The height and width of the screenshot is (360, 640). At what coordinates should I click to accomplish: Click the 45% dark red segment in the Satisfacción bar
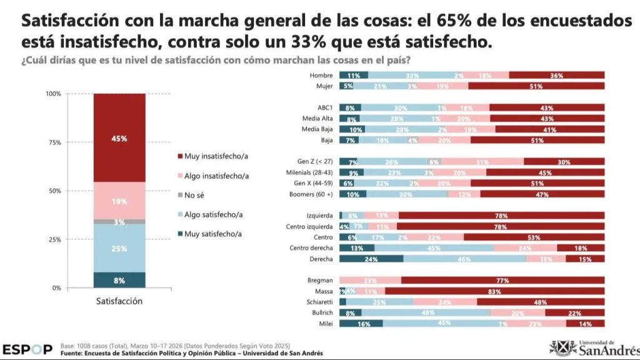119,138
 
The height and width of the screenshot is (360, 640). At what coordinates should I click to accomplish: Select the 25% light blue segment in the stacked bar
119,248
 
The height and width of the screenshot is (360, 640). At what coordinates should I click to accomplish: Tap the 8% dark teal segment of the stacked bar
119,280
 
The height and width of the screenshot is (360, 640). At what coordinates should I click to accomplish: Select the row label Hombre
321,75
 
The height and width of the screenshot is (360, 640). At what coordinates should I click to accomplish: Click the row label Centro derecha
312,248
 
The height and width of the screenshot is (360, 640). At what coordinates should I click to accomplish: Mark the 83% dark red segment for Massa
495,291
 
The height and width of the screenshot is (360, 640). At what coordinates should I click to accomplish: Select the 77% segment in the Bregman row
502,281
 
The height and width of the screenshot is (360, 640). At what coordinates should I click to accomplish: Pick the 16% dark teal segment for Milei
361,324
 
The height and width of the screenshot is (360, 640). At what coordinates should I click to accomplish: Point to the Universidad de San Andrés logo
594,347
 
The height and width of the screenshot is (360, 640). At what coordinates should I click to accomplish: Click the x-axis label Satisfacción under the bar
119,301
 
